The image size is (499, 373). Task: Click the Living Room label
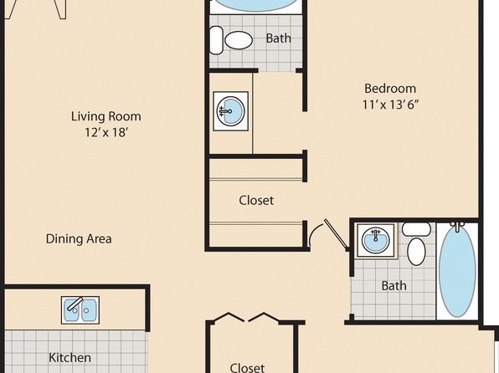tap(106, 116)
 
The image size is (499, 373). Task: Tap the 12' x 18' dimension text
tap(106, 132)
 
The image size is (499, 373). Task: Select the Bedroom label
tap(390, 89)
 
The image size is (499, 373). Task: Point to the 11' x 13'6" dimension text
tap(390, 105)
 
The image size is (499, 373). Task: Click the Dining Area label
tap(79, 239)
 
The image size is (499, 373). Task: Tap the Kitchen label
tap(70, 358)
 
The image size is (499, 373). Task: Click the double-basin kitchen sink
tap(80, 310)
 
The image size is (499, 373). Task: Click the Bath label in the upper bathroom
tap(279, 38)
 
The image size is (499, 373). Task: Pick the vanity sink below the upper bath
tap(231, 111)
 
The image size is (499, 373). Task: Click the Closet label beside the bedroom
tap(256, 201)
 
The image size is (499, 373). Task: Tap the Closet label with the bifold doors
tap(247, 368)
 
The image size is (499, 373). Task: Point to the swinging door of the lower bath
tap(336, 233)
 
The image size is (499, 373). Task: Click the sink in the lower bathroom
tap(376, 240)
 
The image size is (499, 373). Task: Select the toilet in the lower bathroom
tap(416, 243)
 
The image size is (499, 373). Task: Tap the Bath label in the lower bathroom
tap(394, 286)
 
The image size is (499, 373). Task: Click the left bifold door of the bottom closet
tap(229, 318)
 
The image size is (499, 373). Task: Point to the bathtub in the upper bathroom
tap(256, 4)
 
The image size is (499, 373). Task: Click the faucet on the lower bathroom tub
tap(458, 226)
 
